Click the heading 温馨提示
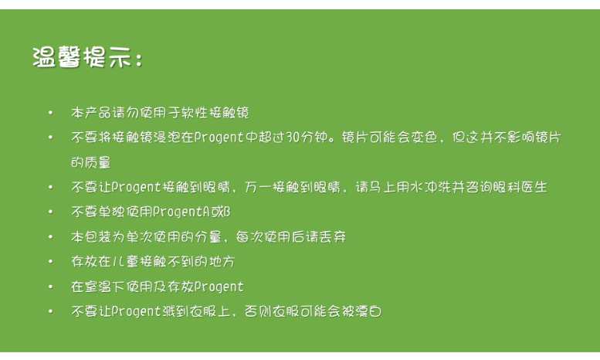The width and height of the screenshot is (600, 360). (x=83, y=58)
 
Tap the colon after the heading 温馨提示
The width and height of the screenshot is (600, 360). (x=138, y=59)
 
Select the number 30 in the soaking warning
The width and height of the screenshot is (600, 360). (x=293, y=137)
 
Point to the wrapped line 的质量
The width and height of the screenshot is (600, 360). (x=91, y=162)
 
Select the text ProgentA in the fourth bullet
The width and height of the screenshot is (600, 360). (x=181, y=212)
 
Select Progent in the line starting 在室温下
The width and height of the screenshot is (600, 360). (x=219, y=287)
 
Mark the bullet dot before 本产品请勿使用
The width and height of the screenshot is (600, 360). (x=50, y=113)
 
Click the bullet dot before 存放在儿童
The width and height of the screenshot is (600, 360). (x=50, y=262)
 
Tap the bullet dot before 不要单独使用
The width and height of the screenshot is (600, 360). (x=50, y=212)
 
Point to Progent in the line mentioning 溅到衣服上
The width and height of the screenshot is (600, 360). (x=136, y=311)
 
